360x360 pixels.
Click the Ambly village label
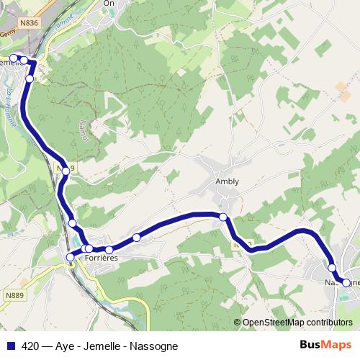point(227,182)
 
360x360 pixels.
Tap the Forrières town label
point(100,257)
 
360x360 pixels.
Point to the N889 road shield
point(14,294)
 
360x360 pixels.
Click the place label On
point(109,3)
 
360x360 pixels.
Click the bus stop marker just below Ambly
point(223,217)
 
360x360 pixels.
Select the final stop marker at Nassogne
point(346,283)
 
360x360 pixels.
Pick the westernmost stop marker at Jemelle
point(13,58)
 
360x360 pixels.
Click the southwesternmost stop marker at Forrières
point(70,257)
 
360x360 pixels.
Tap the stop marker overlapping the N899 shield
point(66,170)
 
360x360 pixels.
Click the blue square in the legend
point(11,345)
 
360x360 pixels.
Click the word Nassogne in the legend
point(150,345)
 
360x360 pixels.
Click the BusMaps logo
point(325,344)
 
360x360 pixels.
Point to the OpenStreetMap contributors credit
point(297,323)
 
